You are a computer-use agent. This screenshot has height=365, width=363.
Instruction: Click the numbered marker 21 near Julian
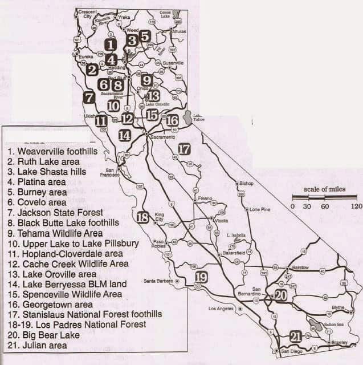(x=295, y=336)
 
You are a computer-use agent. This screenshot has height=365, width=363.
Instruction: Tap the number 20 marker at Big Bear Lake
(x=280, y=295)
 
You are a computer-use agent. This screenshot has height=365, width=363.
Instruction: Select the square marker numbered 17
(x=183, y=149)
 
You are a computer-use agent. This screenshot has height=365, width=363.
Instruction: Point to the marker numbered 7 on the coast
(x=88, y=98)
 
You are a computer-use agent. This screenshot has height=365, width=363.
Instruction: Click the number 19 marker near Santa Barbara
(x=201, y=278)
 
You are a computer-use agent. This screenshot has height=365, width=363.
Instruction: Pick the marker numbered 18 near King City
(x=143, y=217)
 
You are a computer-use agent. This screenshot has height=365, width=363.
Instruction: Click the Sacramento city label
(x=162, y=137)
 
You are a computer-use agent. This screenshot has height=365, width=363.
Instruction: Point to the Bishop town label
(x=246, y=184)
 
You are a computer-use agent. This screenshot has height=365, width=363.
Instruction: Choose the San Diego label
(x=292, y=351)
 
